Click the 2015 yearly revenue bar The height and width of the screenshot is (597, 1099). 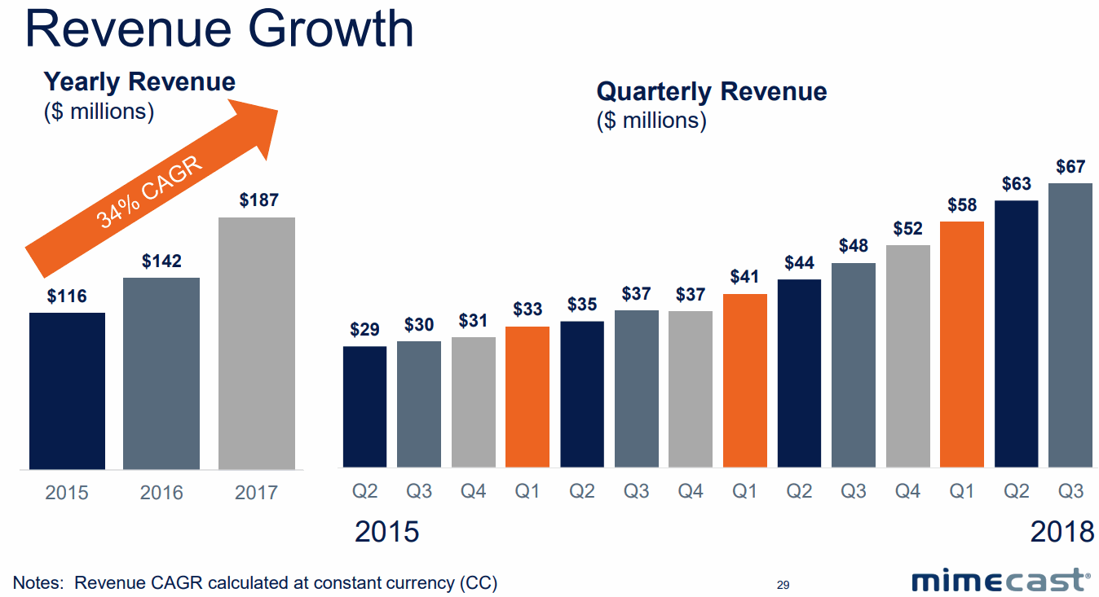click(x=67, y=391)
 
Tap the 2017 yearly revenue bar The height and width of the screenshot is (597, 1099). click(x=257, y=343)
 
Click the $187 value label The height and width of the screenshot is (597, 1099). click(x=258, y=200)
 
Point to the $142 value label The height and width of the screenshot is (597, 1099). click(x=161, y=261)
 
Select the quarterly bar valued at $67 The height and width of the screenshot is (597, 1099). click(x=1070, y=325)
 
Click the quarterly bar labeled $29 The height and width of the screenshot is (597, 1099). click(x=364, y=406)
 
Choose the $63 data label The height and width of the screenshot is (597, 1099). click(x=1016, y=184)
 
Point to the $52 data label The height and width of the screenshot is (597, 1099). click(x=907, y=229)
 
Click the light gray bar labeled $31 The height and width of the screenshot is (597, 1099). click(x=473, y=402)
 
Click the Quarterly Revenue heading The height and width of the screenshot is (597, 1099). click(x=712, y=91)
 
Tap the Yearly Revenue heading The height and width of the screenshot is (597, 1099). click(x=139, y=81)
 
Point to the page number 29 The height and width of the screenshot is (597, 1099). click(x=783, y=585)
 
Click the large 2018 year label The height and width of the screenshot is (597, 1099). click(x=1061, y=532)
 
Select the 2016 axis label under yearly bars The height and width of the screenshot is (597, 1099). click(x=161, y=493)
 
